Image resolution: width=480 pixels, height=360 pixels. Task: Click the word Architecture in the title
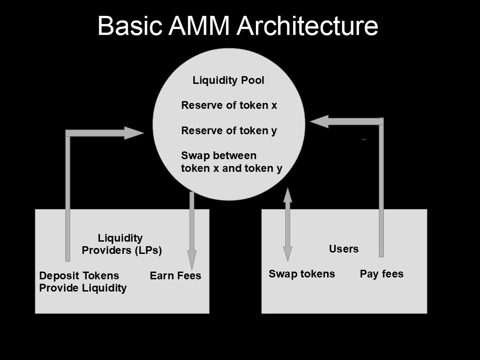[307, 26]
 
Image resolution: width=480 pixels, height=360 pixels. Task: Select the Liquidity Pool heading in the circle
[228, 81]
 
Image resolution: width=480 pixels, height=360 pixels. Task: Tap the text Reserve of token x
[229, 105]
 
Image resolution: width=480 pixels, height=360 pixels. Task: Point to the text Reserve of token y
[229, 131]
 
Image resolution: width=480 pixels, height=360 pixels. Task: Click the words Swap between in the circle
[218, 156]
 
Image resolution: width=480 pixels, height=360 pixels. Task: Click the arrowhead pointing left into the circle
[319, 121]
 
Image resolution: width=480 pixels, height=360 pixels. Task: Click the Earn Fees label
[175, 276]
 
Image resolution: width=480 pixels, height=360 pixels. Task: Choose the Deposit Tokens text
[79, 276]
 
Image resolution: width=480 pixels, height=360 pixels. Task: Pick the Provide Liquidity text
[83, 288]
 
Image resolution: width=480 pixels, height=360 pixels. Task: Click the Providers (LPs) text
[122, 250]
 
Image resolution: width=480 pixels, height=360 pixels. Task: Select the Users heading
[343, 249]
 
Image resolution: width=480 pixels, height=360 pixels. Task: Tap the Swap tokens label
[301, 274]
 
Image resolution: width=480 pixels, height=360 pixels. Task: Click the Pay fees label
[381, 274]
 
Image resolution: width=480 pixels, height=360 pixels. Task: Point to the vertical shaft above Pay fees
[381, 190]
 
